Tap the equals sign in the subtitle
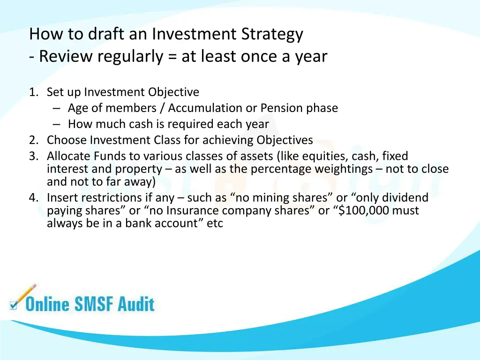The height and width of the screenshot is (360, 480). tap(172, 56)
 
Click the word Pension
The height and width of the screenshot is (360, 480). tap(281, 108)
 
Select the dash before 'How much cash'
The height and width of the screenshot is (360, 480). tap(57, 124)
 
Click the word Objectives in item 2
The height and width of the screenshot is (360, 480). tap(285, 140)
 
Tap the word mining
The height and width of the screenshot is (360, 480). tap(273, 198)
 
